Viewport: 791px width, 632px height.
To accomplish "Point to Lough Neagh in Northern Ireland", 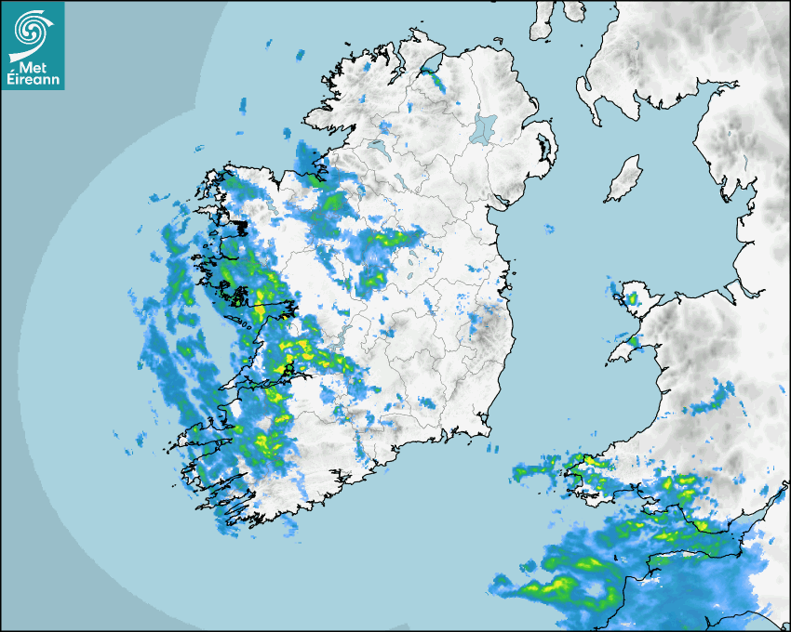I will coord(484,127).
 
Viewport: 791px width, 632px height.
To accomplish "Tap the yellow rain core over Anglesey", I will coord(632,299).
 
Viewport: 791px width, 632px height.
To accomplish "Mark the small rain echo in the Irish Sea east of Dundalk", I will coord(548,229).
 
